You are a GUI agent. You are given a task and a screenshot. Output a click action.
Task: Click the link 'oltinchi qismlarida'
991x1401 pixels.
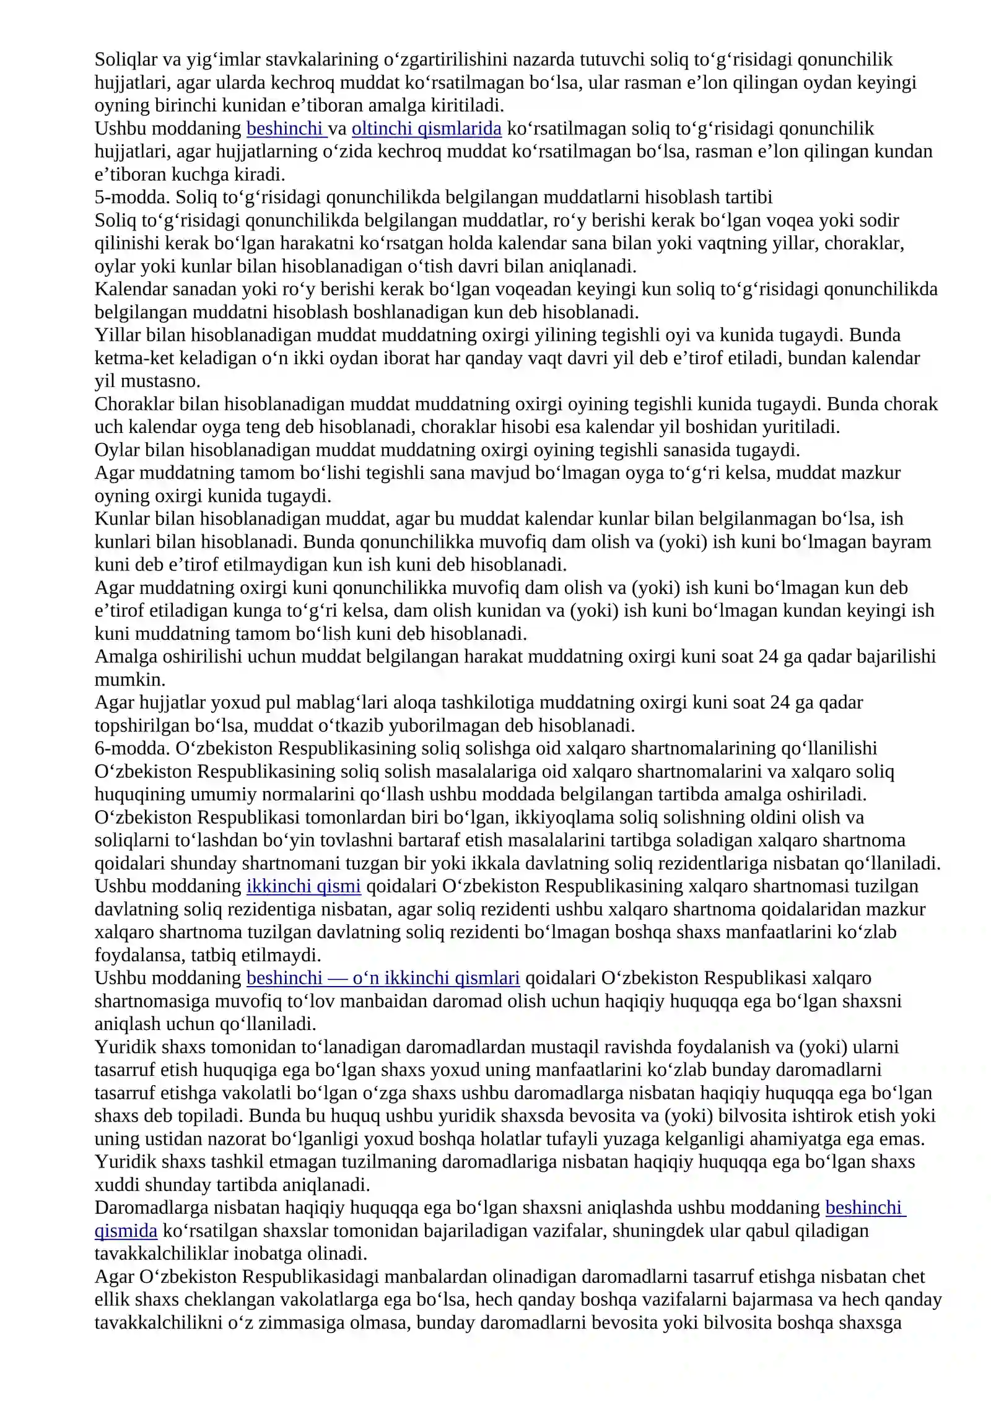(x=426, y=128)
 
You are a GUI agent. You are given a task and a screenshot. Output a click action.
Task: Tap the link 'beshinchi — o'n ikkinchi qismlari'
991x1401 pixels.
(x=383, y=977)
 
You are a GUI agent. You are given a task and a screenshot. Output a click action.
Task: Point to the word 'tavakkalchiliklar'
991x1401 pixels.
(x=161, y=1254)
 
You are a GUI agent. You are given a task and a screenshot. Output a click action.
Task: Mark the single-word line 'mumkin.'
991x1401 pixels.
(x=130, y=679)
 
